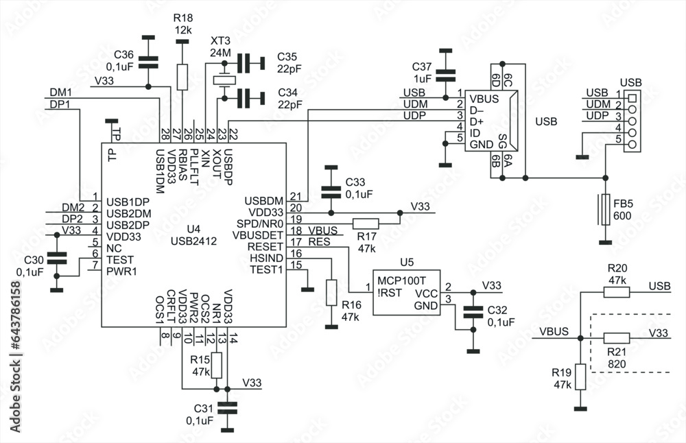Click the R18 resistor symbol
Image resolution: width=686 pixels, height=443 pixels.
pyautogui.click(x=182, y=77)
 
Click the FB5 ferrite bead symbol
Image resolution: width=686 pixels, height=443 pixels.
pyautogui.click(x=605, y=210)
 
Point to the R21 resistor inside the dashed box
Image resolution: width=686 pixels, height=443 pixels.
pyautogui.click(x=616, y=337)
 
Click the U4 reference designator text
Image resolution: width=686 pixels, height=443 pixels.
pyautogui.click(x=193, y=228)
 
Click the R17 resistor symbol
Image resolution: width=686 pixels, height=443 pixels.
pyautogui.click(x=365, y=223)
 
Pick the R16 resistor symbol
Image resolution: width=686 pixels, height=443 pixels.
pyautogui.click(x=331, y=293)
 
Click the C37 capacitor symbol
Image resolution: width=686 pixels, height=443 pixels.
pyautogui.click(x=446, y=74)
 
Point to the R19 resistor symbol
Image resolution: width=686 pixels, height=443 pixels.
pyautogui.click(x=580, y=376)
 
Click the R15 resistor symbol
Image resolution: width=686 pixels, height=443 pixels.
pyautogui.click(x=217, y=366)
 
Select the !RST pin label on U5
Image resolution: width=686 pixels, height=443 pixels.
pyautogui.click(x=388, y=293)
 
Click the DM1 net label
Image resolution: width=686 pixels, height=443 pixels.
pyautogui.click(x=60, y=92)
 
